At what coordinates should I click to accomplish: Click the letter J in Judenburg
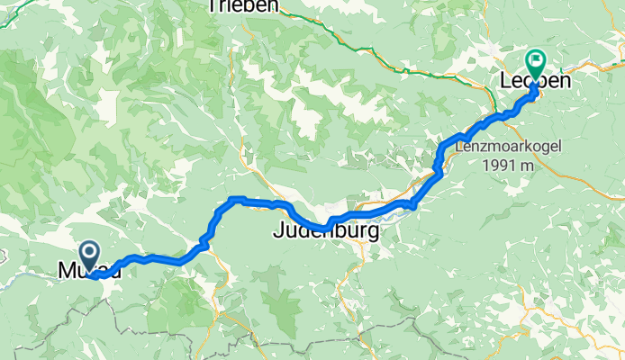click(278, 232)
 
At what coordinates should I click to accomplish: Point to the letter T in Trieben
click(212, 6)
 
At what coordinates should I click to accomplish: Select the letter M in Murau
click(67, 270)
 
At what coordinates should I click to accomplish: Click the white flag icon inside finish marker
click(536, 62)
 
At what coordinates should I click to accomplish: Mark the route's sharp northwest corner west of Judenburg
click(232, 199)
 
